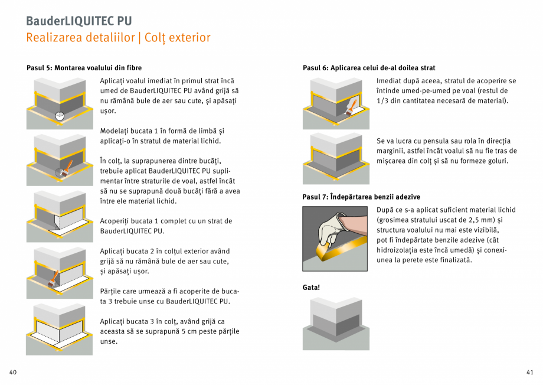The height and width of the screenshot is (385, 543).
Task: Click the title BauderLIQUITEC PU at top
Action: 78,21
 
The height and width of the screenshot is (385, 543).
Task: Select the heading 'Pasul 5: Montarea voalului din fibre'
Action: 84,68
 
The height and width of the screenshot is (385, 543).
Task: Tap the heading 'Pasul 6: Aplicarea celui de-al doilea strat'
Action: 369,68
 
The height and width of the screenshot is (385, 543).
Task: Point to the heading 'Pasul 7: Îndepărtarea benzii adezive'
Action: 361,197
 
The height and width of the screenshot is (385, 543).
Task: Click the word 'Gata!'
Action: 311,288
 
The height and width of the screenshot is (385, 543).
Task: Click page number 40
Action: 13,372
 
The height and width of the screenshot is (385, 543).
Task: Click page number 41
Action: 529,372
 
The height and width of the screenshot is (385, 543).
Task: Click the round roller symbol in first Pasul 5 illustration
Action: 59,116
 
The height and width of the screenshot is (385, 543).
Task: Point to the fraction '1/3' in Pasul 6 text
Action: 384,101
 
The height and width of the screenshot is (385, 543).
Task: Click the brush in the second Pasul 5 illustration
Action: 67,167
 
